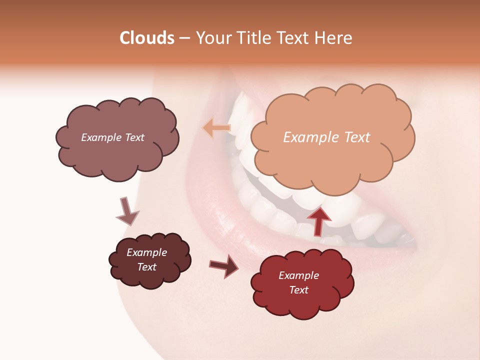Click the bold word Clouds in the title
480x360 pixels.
coord(147,38)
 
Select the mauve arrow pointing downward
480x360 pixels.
coord(126,211)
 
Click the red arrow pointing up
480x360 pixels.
coord(318,220)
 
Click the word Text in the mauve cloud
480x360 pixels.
coord(134,137)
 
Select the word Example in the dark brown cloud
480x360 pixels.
coord(146,252)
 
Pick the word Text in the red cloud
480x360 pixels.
coord(298,290)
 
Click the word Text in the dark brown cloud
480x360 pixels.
coord(146,267)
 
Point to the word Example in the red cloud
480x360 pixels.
coord(298,275)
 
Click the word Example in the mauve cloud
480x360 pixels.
coord(101,137)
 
